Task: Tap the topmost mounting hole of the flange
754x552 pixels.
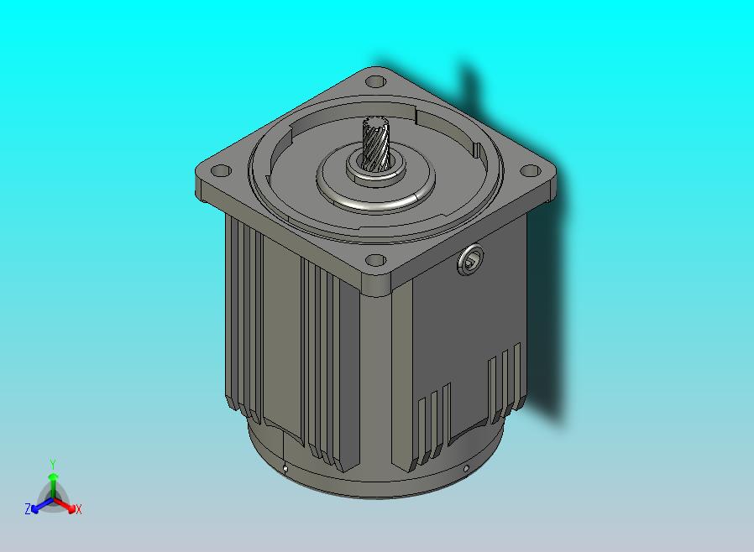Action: [x=375, y=81]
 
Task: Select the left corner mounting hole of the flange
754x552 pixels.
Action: [x=221, y=171]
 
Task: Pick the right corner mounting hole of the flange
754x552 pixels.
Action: [x=531, y=170]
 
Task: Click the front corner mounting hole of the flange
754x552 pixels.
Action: [x=375, y=260]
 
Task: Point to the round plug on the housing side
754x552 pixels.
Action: [x=470, y=260]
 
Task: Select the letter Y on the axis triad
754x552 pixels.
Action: [x=53, y=464]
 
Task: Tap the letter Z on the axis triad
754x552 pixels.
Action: [x=28, y=508]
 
